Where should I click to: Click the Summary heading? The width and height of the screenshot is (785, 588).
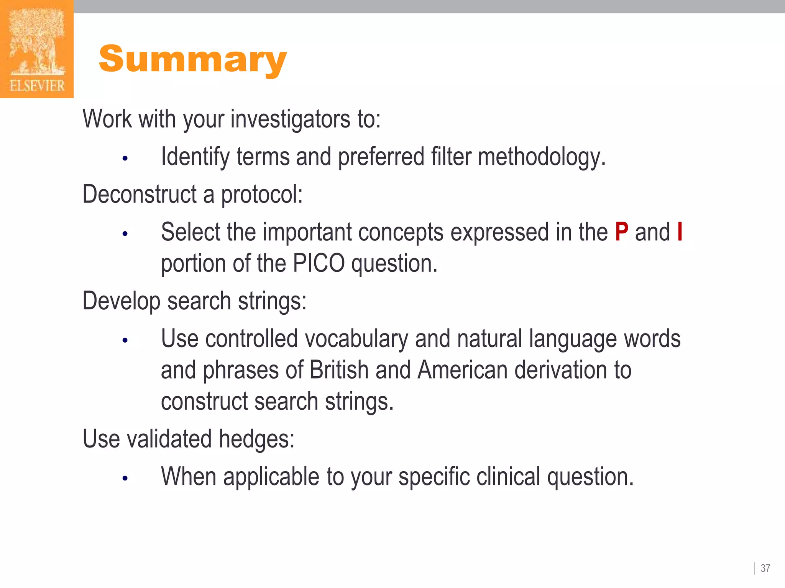pos(192,59)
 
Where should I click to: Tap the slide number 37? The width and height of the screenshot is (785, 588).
pos(765,568)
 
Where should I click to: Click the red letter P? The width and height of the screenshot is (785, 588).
pos(621,232)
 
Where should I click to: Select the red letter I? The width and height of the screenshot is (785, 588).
pos(680,232)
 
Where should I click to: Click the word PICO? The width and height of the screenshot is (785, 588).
pos(319,263)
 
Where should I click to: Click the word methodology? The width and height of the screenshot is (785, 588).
pos(541,157)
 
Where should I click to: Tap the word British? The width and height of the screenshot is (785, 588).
pos(339,370)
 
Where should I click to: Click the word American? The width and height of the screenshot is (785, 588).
pos(462,370)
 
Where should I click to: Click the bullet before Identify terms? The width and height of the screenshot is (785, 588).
pos(125,158)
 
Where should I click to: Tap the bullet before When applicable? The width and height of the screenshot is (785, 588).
pos(125,478)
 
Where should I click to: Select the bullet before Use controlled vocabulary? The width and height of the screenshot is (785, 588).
pos(125,340)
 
